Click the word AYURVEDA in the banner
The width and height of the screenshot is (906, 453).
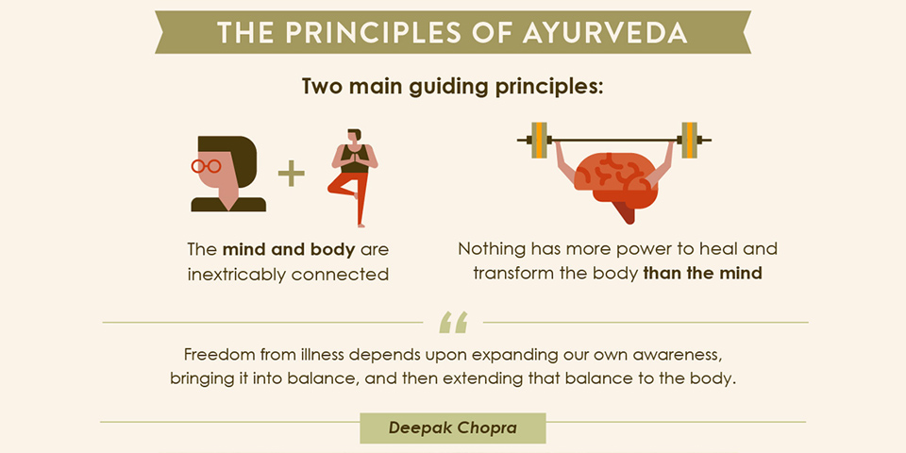click(604, 33)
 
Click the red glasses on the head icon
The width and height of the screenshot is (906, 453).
click(206, 166)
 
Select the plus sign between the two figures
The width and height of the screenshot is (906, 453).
click(292, 174)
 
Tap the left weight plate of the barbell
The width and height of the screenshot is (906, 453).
click(539, 140)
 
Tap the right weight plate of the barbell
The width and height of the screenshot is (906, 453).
click(689, 140)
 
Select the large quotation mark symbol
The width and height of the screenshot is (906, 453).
click(453, 323)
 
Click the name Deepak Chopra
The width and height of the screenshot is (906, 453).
click(452, 428)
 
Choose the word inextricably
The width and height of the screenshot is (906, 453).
click(236, 274)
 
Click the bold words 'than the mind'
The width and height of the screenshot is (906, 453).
click(702, 273)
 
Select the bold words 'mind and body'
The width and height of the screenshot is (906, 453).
click(289, 250)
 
